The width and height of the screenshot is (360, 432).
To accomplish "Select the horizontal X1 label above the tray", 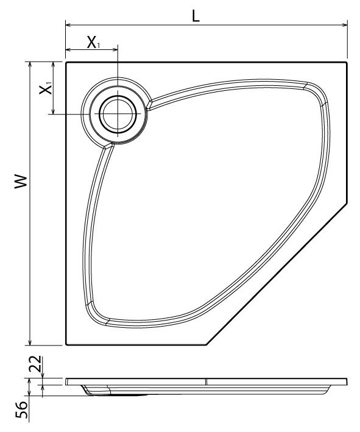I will tap(92, 43).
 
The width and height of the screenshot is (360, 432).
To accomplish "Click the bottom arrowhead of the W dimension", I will tap(29, 342).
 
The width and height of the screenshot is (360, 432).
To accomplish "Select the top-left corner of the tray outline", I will tap(66, 62).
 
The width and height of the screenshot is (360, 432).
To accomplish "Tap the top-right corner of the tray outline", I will tap(347, 62).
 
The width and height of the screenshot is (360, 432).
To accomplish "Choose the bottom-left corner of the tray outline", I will tap(66, 345).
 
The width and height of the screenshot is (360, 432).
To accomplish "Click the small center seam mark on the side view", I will tap(206, 381).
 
